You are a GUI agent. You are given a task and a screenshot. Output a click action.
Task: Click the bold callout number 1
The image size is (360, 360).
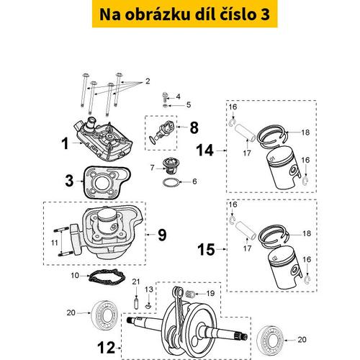tap(65, 144)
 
